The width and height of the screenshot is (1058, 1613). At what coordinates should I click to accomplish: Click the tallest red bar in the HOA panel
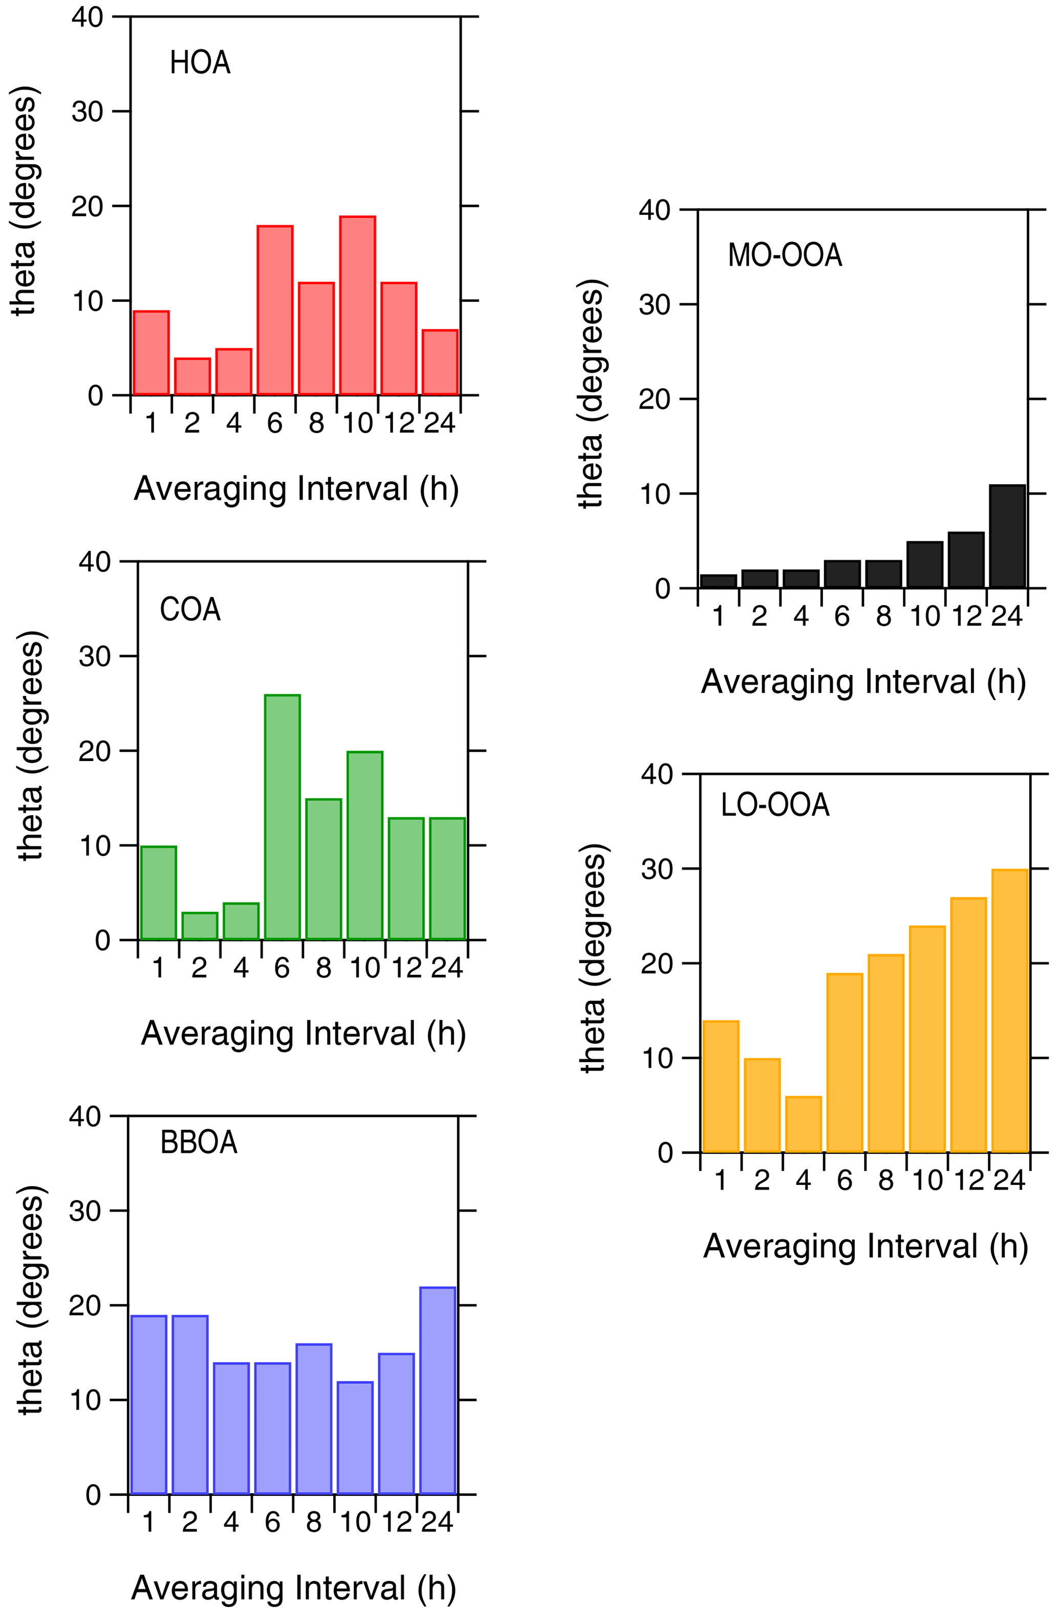tap(357, 306)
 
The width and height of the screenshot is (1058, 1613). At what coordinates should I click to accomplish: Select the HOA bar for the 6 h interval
tap(275, 310)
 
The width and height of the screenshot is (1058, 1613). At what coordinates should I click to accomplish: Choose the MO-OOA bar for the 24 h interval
tap(1007, 537)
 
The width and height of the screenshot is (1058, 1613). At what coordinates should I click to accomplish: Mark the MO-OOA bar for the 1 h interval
tap(718, 581)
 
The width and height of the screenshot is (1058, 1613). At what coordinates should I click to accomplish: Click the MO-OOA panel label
tap(785, 256)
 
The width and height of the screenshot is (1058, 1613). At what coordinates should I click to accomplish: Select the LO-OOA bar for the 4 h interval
tap(804, 1125)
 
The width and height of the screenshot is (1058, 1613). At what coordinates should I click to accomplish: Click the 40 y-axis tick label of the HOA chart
tap(87, 17)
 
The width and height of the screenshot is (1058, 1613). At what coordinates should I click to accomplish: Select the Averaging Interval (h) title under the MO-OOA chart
tap(862, 681)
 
